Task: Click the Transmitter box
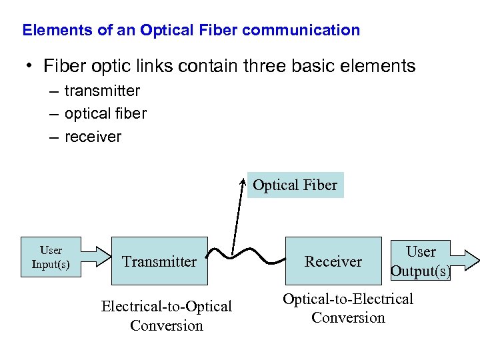[x=159, y=261]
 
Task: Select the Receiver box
[x=333, y=261]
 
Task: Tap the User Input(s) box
[x=51, y=257]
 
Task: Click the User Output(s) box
[x=420, y=261]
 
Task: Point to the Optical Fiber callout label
[x=295, y=185]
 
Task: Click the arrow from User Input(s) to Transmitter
[x=96, y=257]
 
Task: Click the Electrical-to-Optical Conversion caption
[x=166, y=315]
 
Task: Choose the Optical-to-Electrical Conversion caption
[x=348, y=308]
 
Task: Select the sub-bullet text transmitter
[x=102, y=91]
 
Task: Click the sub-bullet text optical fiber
[x=105, y=114]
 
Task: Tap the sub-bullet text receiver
[x=93, y=137]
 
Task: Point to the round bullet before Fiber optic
[x=29, y=66]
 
